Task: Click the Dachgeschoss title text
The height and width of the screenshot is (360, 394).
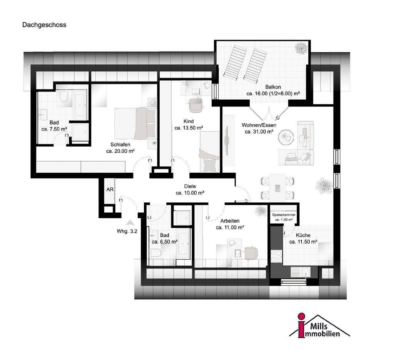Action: click(44, 25)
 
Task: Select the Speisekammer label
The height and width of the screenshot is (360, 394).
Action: click(284, 215)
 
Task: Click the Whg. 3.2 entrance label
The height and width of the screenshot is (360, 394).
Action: click(127, 232)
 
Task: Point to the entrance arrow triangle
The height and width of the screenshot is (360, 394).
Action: click(130, 222)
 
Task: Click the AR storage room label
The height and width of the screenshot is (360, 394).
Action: click(110, 190)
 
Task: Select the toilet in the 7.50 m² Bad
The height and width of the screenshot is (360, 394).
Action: click(63, 97)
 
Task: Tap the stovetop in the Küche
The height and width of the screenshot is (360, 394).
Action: click(276, 256)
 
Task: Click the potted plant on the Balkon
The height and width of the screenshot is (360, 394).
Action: click(301, 48)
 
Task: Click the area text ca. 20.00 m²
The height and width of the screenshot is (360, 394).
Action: click(120, 151)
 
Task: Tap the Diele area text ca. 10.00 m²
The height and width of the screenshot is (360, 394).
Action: click(190, 193)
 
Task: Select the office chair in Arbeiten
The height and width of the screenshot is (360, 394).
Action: click(250, 252)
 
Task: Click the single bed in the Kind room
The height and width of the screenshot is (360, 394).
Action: click(209, 152)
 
